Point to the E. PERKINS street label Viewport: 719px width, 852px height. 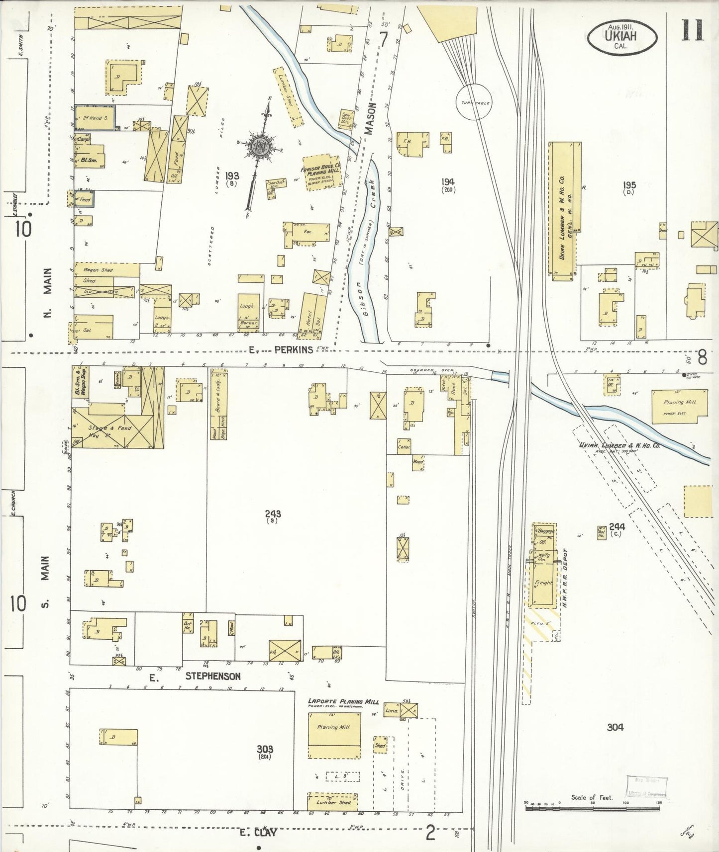[x=281, y=349]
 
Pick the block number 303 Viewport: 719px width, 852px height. [x=265, y=749]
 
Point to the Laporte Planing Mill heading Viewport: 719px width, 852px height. [x=343, y=702]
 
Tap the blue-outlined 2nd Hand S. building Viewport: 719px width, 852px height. [x=95, y=118]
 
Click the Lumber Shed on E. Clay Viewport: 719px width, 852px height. [x=332, y=802]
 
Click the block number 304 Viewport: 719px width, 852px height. [x=615, y=727]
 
